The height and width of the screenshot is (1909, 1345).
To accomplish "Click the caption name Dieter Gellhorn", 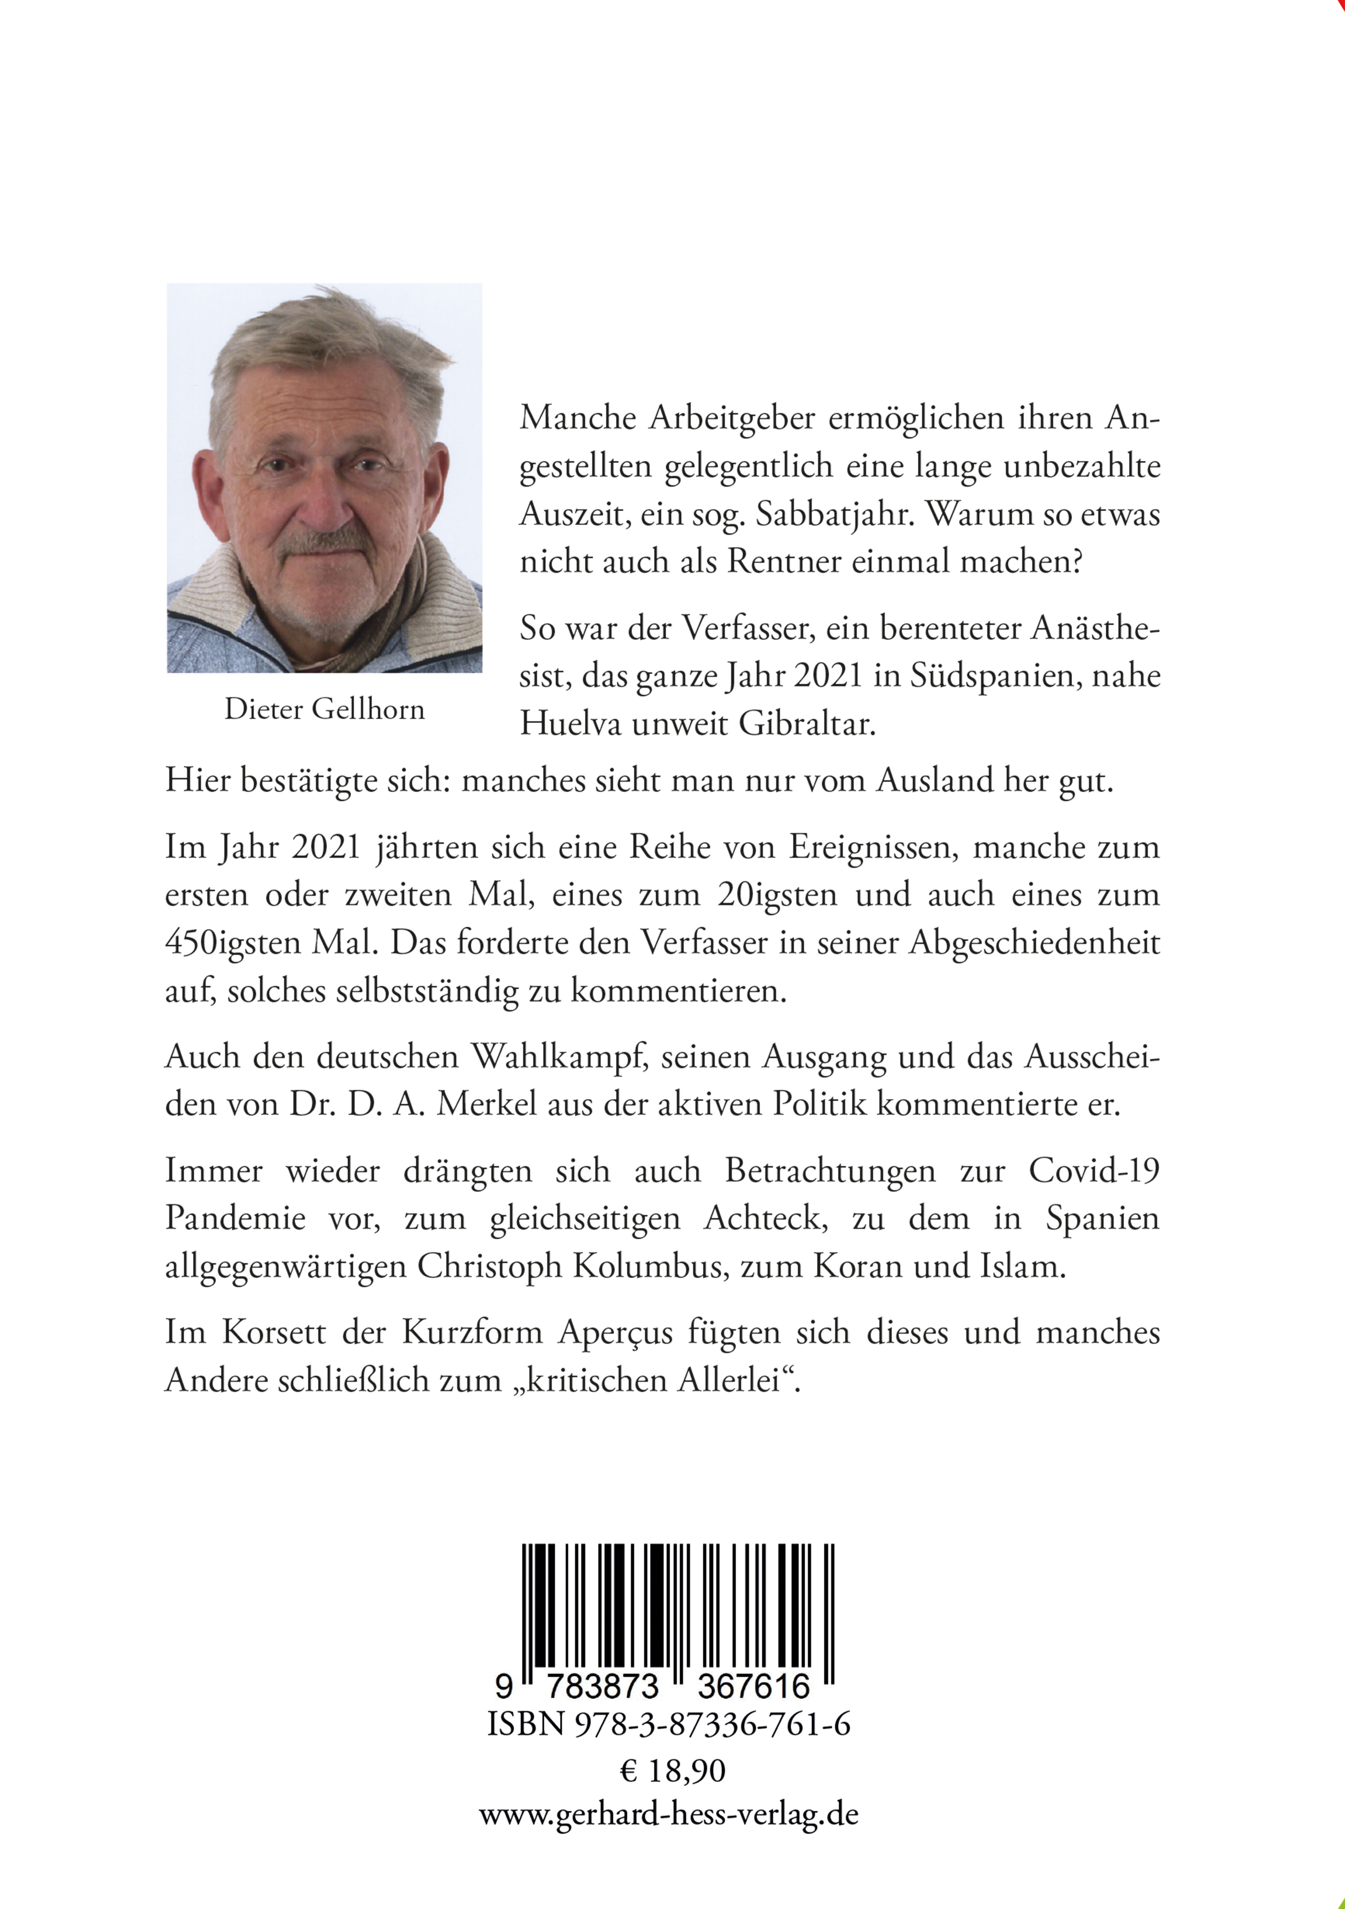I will [324, 709].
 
